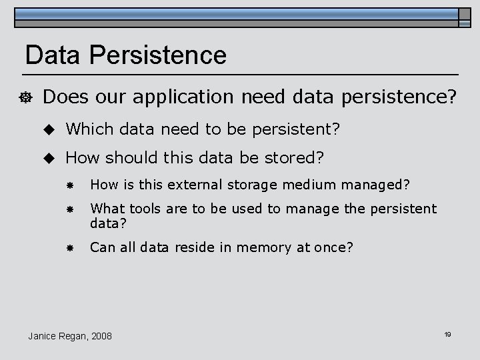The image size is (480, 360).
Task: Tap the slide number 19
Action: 447,334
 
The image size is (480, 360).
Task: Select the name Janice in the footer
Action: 43,335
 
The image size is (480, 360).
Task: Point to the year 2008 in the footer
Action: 100,335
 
